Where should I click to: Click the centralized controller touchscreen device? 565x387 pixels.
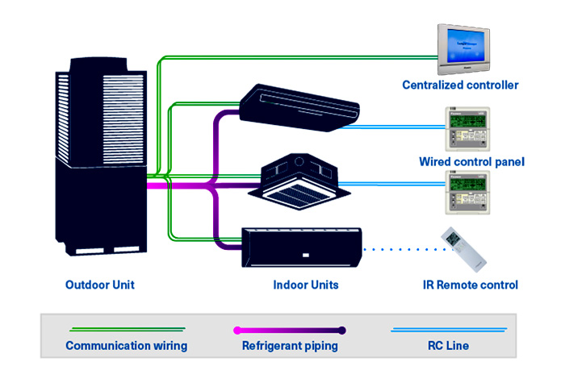(464, 48)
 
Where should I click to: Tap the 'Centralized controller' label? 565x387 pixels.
(460, 85)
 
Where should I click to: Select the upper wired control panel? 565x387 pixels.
(467, 128)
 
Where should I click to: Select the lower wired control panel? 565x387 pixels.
(467, 192)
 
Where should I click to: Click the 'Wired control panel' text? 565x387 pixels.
(471, 161)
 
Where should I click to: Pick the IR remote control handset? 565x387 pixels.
(464, 249)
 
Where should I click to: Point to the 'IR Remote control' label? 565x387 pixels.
(471, 285)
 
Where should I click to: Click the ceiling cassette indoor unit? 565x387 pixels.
(299, 181)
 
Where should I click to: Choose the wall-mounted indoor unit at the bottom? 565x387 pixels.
(302, 248)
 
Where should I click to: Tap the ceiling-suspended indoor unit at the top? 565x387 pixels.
(299, 107)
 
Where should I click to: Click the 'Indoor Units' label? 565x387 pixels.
(306, 285)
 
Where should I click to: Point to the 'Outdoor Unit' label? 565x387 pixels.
(100, 285)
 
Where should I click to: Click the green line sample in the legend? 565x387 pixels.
(128, 330)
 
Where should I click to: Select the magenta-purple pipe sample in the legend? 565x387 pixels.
(290, 330)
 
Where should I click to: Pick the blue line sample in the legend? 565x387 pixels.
(449, 330)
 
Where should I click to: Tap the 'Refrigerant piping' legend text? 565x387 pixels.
(290, 346)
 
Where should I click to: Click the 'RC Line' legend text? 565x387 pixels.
(448, 346)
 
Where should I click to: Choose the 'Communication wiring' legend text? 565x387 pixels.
(127, 346)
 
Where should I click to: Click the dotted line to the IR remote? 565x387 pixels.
(404, 249)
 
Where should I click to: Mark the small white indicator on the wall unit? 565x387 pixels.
(306, 256)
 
